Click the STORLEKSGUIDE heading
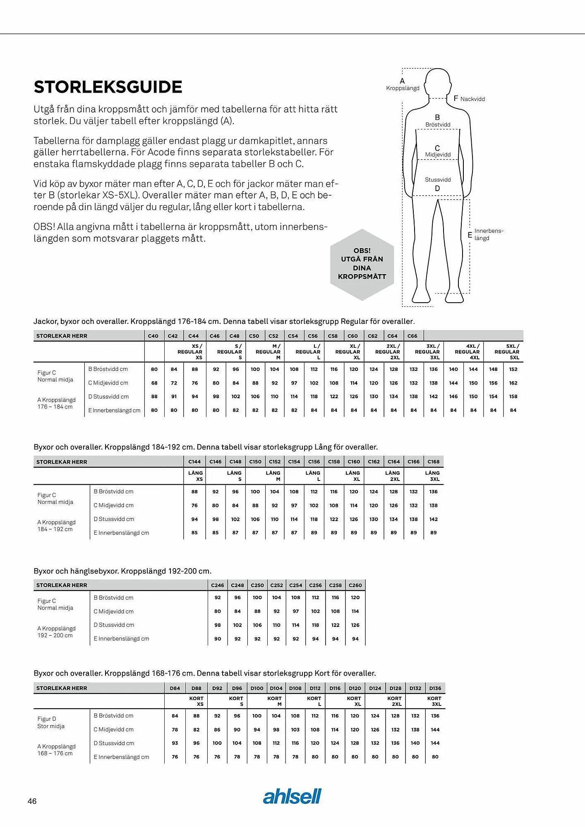pyautogui.click(x=108, y=87)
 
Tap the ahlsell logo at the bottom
pyautogui.click(x=292, y=796)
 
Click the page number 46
pyautogui.click(x=32, y=801)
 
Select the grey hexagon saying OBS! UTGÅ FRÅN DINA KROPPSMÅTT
pyautogui.click(x=362, y=264)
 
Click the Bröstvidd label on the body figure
pyautogui.click(x=438, y=124)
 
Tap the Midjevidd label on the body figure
pyautogui.click(x=438, y=154)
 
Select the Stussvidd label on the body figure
pyautogui.click(x=438, y=179)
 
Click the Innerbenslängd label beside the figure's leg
pyautogui.click(x=488, y=234)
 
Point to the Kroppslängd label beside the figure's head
pyautogui.click(x=403, y=88)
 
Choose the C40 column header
pyautogui.click(x=153, y=336)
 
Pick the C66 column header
pyautogui.click(x=412, y=336)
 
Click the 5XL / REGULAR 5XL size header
pyautogui.click(x=507, y=351)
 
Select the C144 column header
pyautogui.click(x=194, y=461)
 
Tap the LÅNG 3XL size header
pyautogui.click(x=432, y=476)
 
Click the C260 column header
pyautogui.click(x=355, y=585)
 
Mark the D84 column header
pyautogui.click(x=175, y=688)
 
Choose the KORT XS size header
pyautogui.click(x=197, y=701)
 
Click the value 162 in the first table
pyautogui.click(x=513, y=383)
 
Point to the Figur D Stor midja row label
pyautogui.click(x=51, y=722)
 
